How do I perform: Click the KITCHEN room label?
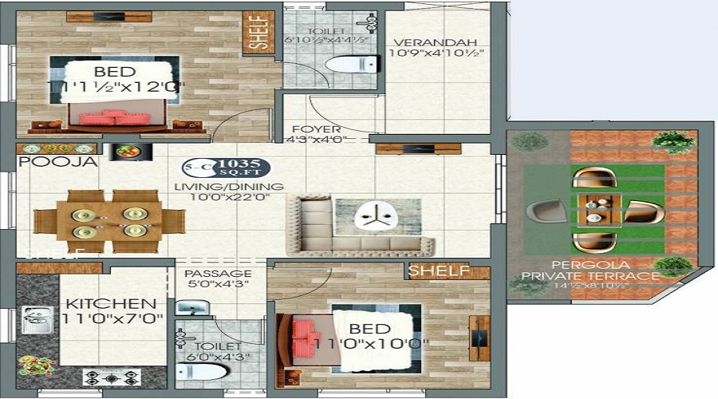tap(110, 304)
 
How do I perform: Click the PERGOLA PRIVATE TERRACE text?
tap(590, 270)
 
